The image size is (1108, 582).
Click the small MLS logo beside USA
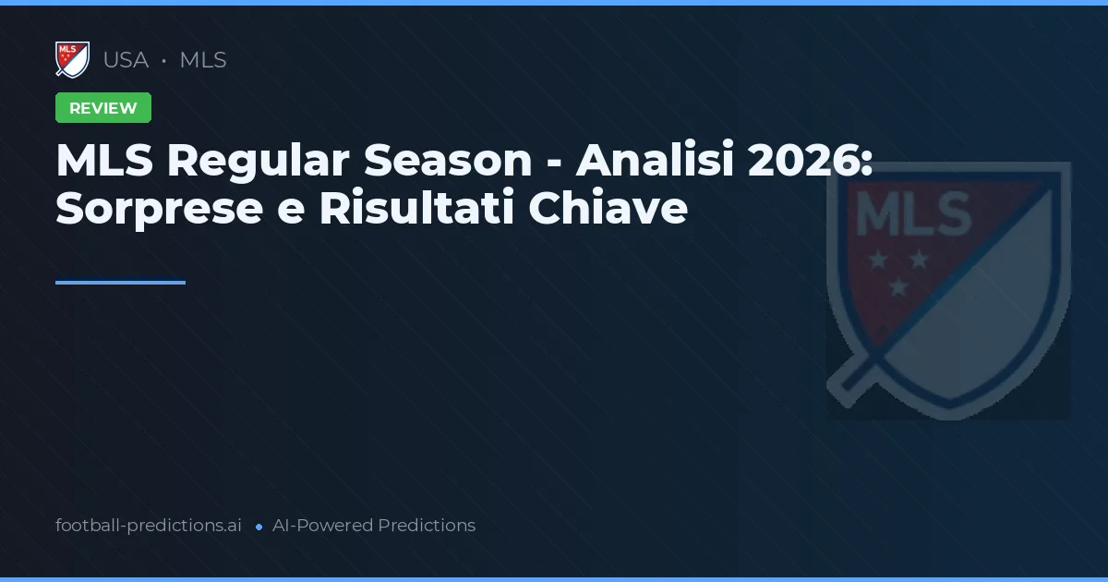(x=72, y=60)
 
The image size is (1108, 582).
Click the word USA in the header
(x=126, y=60)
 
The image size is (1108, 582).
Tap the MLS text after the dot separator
(x=203, y=60)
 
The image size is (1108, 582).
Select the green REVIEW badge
(x=103, y=108)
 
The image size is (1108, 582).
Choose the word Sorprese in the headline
(x=160, y=209)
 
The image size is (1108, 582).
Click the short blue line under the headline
(x=120, y=283)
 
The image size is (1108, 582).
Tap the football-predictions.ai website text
(x=149, y=526)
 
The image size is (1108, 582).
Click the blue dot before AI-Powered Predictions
(x=259, y=527)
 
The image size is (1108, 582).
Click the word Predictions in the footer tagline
(x=427, y=526)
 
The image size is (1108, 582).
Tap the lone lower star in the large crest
(x=897, y=288)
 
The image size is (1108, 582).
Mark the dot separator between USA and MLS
(x=163, y=61)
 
